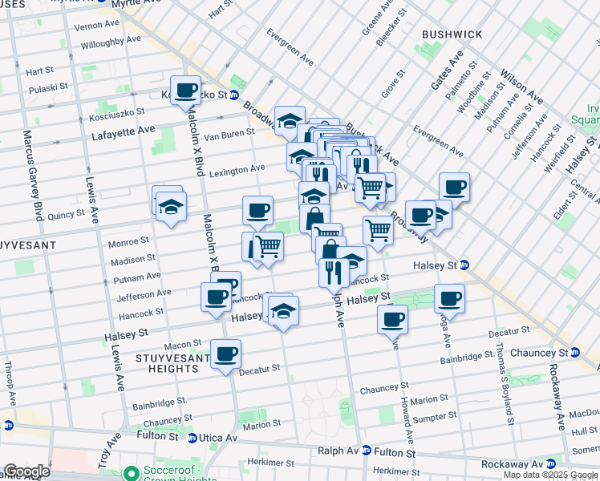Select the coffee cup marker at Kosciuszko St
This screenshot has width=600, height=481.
[186, 91]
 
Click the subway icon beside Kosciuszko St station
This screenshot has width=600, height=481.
[233, 95]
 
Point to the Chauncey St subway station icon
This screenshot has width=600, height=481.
[575, 353]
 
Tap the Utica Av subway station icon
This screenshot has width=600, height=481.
[193, 438]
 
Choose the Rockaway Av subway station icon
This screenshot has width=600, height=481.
[550, 464]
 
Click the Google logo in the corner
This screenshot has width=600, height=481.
[26, 471]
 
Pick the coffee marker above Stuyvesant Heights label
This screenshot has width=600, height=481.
[225, 354]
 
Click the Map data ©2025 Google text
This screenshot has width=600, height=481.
[549, 475]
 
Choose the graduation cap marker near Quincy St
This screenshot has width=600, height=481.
[171, 206]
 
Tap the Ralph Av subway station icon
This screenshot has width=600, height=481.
[367, 451]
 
